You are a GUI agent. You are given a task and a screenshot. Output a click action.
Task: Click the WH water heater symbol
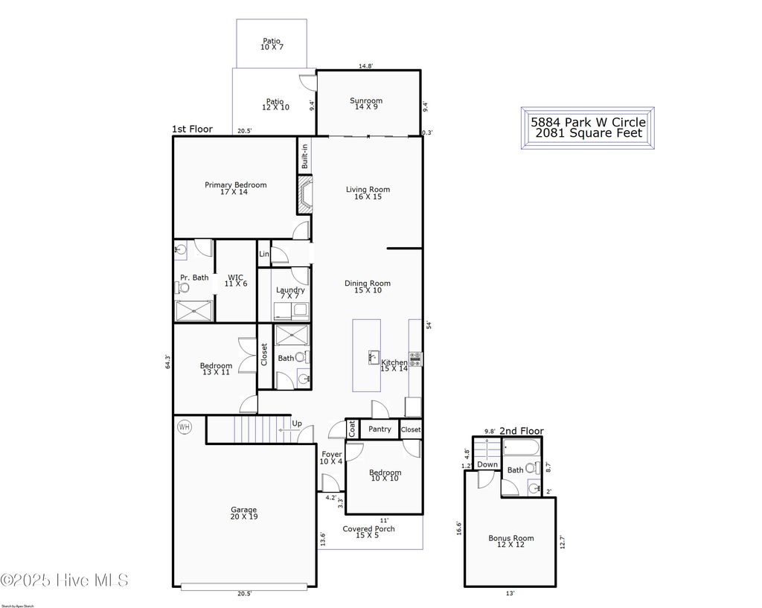(183, 427)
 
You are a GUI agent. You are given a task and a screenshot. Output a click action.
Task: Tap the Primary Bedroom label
(235, 188)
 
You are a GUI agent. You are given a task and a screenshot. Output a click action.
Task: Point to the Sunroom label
(366, 104)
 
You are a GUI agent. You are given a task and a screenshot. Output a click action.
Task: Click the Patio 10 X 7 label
(272, 44)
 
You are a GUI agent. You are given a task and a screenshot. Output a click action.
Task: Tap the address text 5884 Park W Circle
(588, 121)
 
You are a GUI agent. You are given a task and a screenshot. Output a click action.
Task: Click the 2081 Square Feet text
(588, 134)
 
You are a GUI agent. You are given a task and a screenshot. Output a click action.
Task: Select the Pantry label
(380, 429)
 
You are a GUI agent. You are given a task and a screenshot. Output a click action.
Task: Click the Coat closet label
(352, 429)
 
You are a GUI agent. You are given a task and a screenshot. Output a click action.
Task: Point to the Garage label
(243, 513)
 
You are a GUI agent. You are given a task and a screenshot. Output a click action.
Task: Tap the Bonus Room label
(510, 542)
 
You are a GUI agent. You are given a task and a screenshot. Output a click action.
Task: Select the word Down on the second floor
(487, 465)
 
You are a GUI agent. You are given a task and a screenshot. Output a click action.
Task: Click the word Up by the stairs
(297, 423)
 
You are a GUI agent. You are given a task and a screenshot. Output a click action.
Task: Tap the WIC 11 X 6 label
(235, 281)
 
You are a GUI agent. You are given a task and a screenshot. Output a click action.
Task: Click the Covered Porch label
(368, 532)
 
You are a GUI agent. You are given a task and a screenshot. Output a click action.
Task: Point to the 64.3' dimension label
(168, 362)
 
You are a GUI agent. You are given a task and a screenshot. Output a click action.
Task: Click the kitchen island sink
(373, 357)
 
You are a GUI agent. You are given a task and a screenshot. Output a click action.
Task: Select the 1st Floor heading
(192, 129)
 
